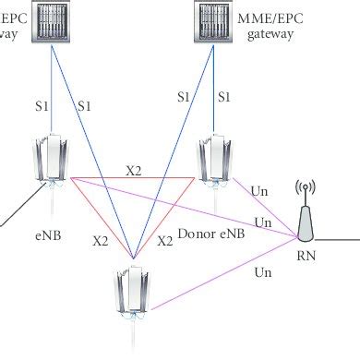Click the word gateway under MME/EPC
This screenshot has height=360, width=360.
(270, 33)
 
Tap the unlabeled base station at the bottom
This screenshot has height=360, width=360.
(133, 295)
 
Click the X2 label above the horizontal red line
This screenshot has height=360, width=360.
(134, 170)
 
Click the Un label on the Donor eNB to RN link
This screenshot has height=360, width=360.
(260, 192)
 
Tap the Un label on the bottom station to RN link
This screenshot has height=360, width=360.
(263, 272)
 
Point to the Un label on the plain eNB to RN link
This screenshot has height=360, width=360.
(263, 222)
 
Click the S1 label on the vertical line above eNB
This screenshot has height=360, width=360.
(41, 106)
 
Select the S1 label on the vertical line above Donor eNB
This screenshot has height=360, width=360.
(222, 96)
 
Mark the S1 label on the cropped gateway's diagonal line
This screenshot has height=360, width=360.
(86, 106)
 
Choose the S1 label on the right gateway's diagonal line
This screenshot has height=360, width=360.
(182, 96)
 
